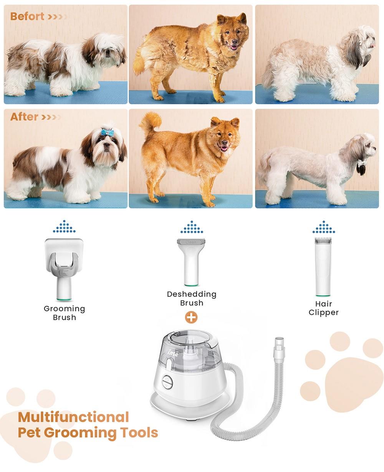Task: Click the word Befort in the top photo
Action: click(27, 16)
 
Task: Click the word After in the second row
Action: click(24, 117)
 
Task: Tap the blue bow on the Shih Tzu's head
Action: click(106, 133)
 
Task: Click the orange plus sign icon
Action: click(191, 317)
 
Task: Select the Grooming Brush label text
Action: click(65, 313)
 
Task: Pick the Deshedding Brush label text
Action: click(192, 298)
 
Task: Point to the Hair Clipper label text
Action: click(323, 308)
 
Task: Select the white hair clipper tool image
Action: click(323, 266)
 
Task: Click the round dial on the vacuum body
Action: click(167, 382)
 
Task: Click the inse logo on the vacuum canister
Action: click(173, 354)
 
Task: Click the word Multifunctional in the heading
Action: click(73, 417)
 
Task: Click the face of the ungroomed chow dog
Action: click(231, 35)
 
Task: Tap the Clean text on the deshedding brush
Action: click(191, 242)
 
